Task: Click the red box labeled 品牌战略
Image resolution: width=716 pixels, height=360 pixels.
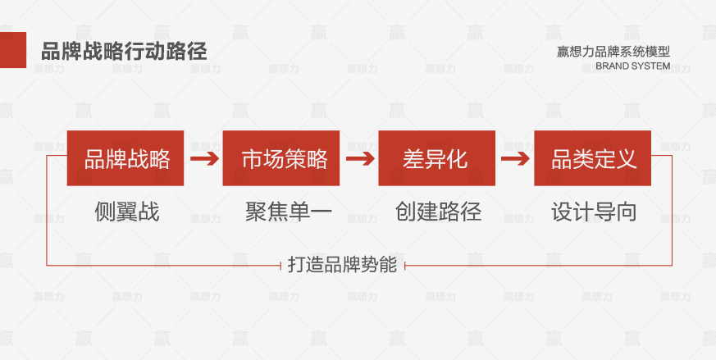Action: pyautogui.click(x=125, y=158)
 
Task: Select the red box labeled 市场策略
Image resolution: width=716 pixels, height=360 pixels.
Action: pyautogui.click(x=280, y=158)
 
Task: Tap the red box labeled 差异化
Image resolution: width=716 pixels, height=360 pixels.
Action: pyautogui.click(x=436, y=158)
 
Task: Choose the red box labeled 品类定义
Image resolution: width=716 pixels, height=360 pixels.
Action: pyautogui.click(x=592, y=158)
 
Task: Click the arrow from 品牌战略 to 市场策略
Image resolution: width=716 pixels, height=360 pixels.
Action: pyautogui.click(x=204, y=158)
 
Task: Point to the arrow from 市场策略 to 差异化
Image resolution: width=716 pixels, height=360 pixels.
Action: pyautogui.click(x=360, y=158)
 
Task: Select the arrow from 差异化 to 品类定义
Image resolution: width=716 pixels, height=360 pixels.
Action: pyautogui.click(x=515, y=158)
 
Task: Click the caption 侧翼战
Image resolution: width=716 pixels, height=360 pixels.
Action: pyautogui.click(x=127, y=212)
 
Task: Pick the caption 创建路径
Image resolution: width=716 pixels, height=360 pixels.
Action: pyautogui.click(x=438, y=212)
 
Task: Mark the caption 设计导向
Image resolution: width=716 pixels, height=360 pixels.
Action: pyautogui.click(x=594, y=212)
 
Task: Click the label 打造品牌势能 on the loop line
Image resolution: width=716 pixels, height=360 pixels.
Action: pyautogui.click(x=342, y=265)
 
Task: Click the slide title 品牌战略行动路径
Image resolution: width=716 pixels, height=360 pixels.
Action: pyautogui.click(x=124, y=51)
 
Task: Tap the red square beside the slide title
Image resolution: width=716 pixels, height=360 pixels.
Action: pyautogui.click(x=13, y=50)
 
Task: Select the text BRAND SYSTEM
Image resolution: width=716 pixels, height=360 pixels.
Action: pyautogui.click(x=633, y=66)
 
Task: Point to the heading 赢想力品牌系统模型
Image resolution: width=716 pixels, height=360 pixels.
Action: pyautogui.click(x=613, y=52)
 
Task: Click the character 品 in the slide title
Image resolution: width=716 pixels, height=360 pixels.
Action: pyautogui.click(x=51, y=51)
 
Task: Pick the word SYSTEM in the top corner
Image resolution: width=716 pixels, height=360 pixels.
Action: pyautogui.click(x=651, y=66)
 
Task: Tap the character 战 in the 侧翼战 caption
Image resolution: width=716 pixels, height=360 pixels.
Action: pyautogui.click(x=149, y=212)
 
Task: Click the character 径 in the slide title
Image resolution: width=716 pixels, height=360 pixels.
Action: pyautogui.click(x=198, y=51)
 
